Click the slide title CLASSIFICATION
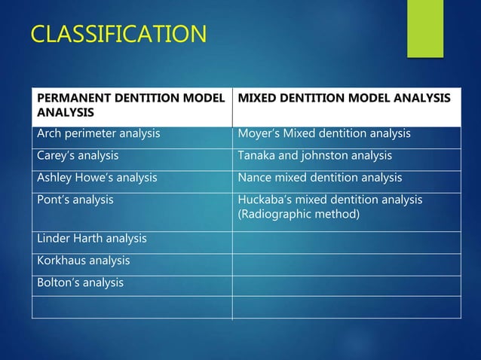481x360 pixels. point(118,35)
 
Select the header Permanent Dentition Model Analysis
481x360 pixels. point(131,106)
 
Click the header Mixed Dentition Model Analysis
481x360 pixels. point(344,99)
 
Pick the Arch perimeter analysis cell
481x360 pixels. point(99,134)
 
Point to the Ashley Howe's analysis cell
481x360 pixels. point(97,178)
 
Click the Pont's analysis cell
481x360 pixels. point(75,200)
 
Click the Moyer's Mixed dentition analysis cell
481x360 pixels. point(324,134)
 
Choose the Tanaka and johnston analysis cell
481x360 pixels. point(315,156)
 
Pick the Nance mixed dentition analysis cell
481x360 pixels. point(320,178)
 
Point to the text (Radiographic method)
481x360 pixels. point(299,215)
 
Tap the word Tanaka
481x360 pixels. point(257,156)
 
